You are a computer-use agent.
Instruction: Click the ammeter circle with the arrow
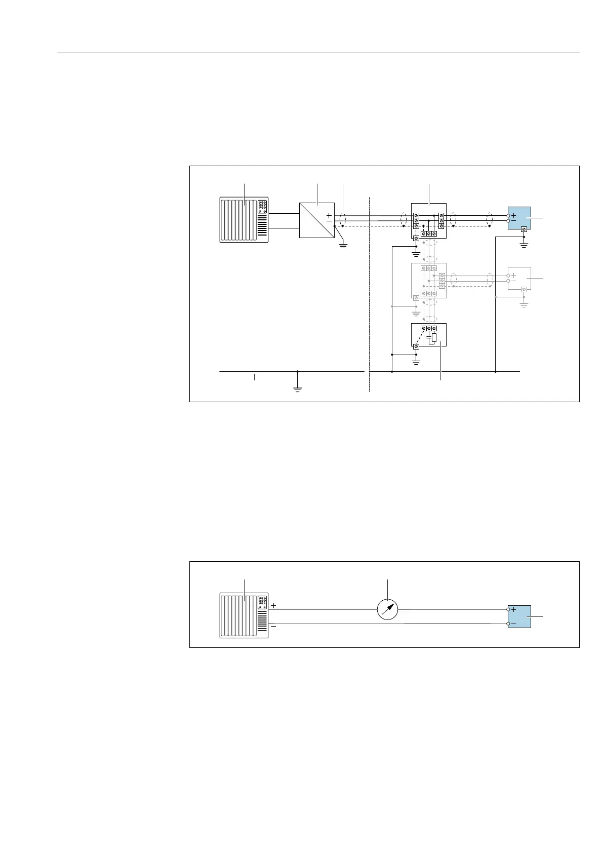pyautogui.click(x=388, y=609)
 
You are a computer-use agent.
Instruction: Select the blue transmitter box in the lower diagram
pyautogui.click(x=520, y=616)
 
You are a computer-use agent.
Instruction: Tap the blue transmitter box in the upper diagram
pyautogui.click(x=520, y=218)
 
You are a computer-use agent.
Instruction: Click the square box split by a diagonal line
pyautogui.click(x=317, y=220)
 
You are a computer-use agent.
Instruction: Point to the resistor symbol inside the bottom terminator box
pyautogui.click(x=434, y=338)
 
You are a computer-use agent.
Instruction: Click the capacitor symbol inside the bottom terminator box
pyautogui.click(x=429, y=336)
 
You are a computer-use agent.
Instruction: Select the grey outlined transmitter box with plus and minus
pyautogui.click(x=519, y=278)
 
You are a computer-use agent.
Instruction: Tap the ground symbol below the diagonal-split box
pyautogui.click(x=343, y=246)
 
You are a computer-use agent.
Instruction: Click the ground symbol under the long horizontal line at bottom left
pyautogui.click(x=298, y=389)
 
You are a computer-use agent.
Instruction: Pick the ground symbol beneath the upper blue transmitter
pyautogui.click(x=524, y=245)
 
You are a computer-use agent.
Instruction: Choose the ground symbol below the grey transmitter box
pyautogui.click(x=524, y=305)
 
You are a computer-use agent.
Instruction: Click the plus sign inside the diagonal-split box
pyautogui.click(x=329, y=216)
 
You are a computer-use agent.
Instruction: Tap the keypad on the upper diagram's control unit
pyautogui.click(x=262, y=206)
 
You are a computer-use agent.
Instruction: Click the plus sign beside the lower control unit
pyautogui.click(x=273, y=605)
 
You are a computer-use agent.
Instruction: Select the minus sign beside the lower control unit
pyautogui.click(x=273, y=626)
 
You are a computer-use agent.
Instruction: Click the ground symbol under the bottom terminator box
pyautogui.click(x=416, y=362)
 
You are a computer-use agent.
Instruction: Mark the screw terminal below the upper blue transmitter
pyautogui.click(x=524, y=229)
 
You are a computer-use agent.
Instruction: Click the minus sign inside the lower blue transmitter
pyautogui.click(x=513, y=624)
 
